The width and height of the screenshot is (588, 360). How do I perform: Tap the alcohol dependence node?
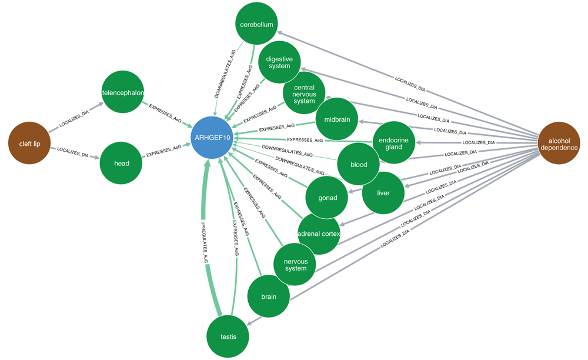[x=559, y=144]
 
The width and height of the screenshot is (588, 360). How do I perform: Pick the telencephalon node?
[x=123, y=92]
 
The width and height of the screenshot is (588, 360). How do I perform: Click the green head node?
[x=122, y=164]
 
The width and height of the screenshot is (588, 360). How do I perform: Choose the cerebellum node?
[x=256, y=25]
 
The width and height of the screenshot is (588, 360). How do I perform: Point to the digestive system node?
[x=279, y=62]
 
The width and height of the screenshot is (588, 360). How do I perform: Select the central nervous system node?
[x=304, y=94]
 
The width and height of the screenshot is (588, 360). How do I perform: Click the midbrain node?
[x=337, y=119]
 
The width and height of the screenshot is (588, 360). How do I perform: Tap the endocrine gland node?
[x=394, y=143]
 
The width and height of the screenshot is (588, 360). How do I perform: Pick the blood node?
[x=359, y=165]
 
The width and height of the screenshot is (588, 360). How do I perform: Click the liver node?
[x=383, y=192]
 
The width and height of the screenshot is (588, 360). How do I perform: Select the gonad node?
[x=328, y=198]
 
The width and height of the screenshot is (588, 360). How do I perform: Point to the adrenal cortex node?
[x=319, y=234]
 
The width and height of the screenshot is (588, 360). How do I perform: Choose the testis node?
[x=228, y=336]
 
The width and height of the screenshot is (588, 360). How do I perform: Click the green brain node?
[x=269, y=296]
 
